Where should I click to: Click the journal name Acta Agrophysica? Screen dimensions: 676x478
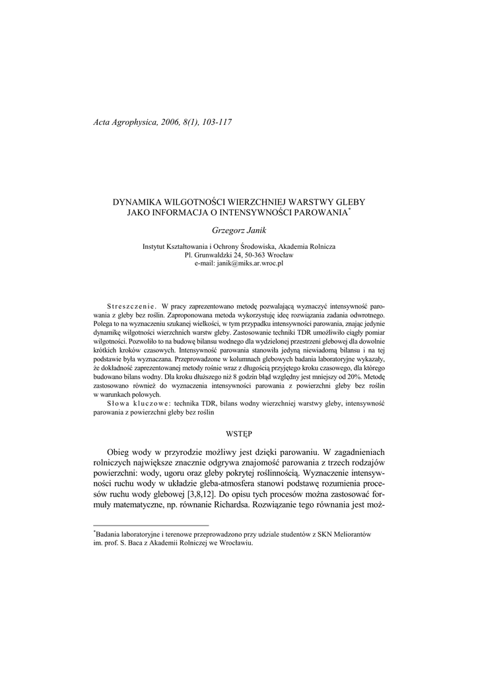(123, 122)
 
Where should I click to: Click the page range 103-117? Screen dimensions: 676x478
(213, 122)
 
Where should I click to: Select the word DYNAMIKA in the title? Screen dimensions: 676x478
(139, 201)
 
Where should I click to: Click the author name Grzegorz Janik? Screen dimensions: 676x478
(238, 230)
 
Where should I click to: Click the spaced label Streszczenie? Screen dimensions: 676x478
(131, 307)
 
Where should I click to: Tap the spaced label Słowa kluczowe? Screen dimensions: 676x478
(131, 402)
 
